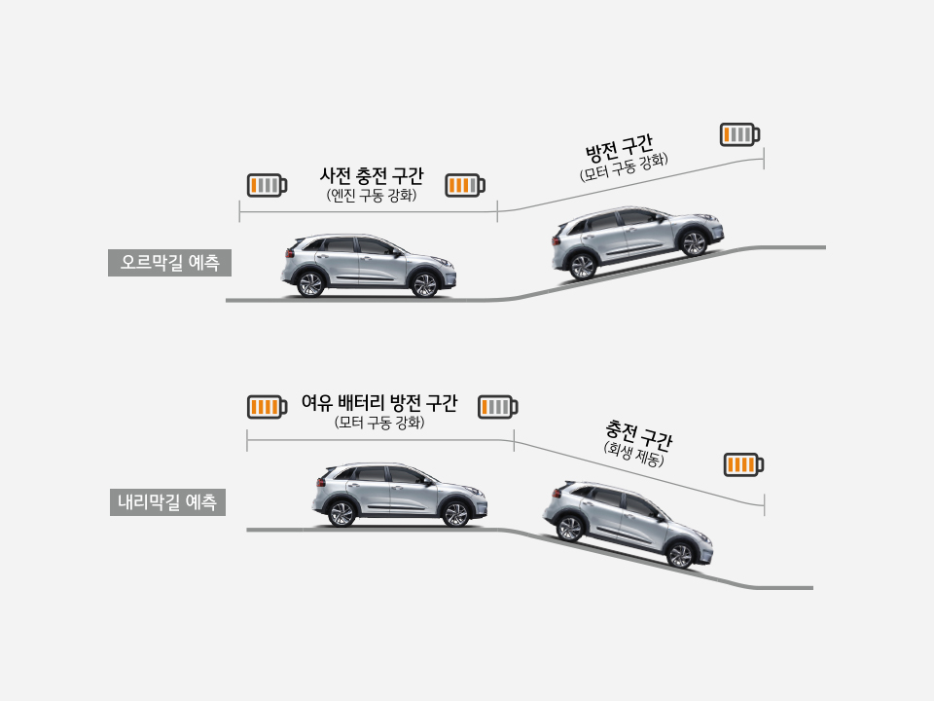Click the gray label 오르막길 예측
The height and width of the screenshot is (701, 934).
(x=170, y=262)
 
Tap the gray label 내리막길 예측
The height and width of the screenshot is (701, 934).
(x=167, y=502)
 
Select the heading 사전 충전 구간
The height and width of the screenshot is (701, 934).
(x=372, y=176)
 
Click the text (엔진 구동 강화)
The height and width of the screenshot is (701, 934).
(x=372, y=196)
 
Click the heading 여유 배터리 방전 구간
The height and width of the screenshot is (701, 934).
(x=379, y=403)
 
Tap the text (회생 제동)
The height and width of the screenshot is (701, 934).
(x=633, y=454)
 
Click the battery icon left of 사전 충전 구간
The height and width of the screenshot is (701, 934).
(x=267, y=185)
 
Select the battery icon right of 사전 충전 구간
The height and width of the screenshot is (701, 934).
(x=465, y=185)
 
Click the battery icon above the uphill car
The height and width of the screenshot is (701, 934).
(x=739, y=134)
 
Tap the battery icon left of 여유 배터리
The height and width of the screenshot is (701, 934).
(x=267, y=406)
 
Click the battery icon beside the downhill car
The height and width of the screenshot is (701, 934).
(x=743, y=464)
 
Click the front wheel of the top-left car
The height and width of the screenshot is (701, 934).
(x=424, y=284)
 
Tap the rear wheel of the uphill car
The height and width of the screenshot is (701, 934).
(x=582, y=266)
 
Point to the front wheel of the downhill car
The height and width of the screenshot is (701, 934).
(x=680, y=556)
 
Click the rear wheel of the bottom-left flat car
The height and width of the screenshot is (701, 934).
(x=341, y=513)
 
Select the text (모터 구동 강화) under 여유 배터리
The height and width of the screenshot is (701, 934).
(x=379, y=424)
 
